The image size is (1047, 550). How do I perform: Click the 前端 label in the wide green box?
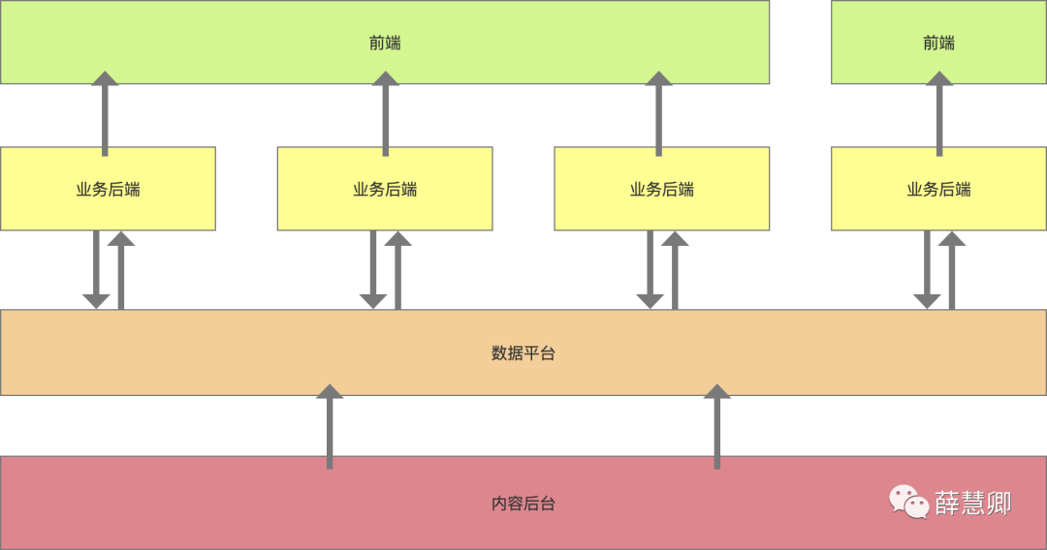click(385, 43)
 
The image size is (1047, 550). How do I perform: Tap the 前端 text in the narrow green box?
click(938, 43)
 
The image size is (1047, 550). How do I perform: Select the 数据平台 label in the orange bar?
click(523, 353)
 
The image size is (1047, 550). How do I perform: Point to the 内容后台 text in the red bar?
click(523, 504)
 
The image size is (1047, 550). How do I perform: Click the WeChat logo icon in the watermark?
click(909, 502)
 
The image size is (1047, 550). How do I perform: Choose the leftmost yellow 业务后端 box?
click(108, 189)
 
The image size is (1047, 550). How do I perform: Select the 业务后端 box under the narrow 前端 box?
click(938, 189)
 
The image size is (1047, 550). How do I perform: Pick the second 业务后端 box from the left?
click(385, 189)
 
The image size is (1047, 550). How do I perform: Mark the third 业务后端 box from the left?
click(662, 189)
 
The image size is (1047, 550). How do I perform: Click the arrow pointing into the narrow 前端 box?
click(938, 114)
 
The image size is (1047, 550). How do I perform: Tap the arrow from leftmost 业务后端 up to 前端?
click(105, 114)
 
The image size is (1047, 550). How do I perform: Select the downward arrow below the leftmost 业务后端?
click(96, 270)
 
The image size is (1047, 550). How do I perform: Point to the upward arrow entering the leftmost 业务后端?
click(121, 270)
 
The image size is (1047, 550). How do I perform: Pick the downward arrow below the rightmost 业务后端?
click(927, 270)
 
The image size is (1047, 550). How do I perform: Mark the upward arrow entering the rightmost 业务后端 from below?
click(952, 270)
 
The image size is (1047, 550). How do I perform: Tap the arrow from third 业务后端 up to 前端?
click(658, 114)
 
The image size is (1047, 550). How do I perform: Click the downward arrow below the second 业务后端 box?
click(373, 270)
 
